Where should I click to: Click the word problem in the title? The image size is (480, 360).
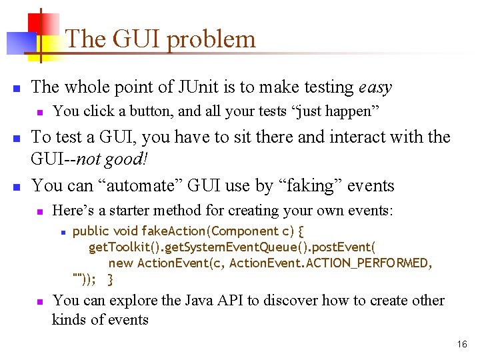click(211, 40)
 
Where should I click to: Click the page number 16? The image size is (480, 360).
click(462, 345)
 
